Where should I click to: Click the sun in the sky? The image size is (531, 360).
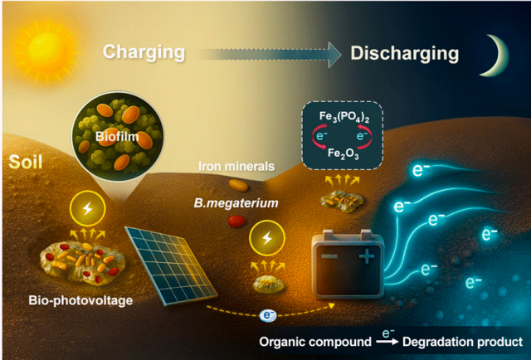34,39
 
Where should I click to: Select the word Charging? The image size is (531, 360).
144,52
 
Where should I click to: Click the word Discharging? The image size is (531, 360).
404,53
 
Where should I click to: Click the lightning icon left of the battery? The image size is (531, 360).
266,240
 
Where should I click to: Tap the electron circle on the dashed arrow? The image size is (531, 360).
268,315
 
